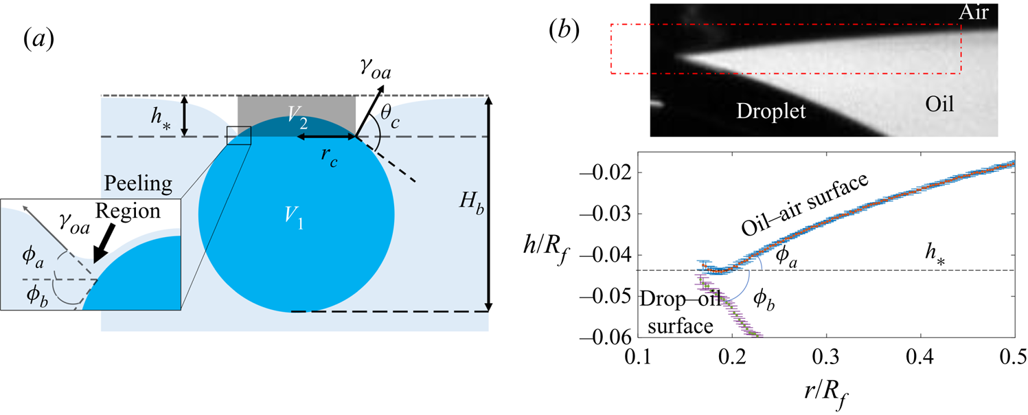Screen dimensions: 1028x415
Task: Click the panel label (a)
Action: (x=38, y=39)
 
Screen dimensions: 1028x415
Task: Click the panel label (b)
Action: (x=564, y=31)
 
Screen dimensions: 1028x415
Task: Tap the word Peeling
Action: (x=138, y=183)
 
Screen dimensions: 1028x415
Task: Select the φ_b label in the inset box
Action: (x=37, y=295)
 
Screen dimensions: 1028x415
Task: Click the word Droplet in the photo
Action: (x=771, y=111)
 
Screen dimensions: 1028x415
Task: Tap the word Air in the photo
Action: (x=974, y=12)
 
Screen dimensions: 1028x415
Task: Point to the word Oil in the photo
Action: (x=939, y=104)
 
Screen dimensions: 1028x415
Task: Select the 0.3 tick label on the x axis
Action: (x=826, y=357)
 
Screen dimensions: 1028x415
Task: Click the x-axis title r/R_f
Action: (x=827, y=392)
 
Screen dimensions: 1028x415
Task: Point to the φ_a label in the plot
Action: (x=786, y=257)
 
